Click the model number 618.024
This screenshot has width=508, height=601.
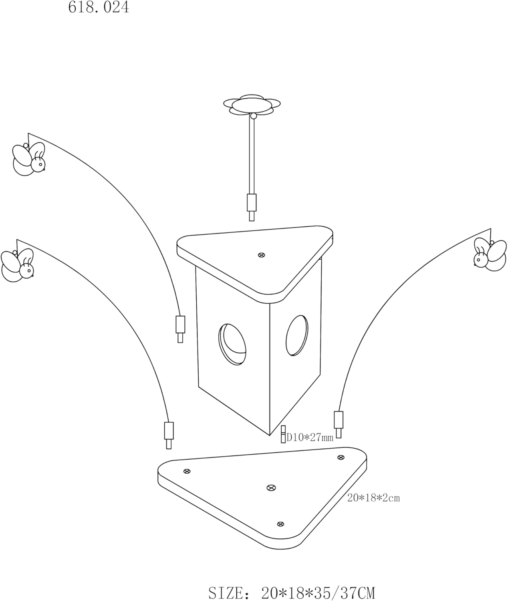click(99, 7)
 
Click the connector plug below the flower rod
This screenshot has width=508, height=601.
click(252, 207)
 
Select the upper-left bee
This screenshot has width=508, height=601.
click(29, 159)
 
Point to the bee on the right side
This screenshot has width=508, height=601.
click(490, 254)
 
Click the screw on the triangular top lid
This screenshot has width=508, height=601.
click(262, 255)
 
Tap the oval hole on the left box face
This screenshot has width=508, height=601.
click(232, 344)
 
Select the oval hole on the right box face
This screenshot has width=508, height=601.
click(297, 335)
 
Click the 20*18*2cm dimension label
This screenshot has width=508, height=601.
click(373, 498)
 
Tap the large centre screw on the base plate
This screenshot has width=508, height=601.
click(271, 488)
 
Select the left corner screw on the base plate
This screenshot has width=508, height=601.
click(187, 471)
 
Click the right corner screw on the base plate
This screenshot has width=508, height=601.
click(341, 458)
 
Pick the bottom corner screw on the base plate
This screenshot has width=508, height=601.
click(280, 524)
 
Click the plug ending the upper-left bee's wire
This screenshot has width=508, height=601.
click(180, 329)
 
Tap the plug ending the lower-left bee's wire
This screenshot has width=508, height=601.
click(169, 436)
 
